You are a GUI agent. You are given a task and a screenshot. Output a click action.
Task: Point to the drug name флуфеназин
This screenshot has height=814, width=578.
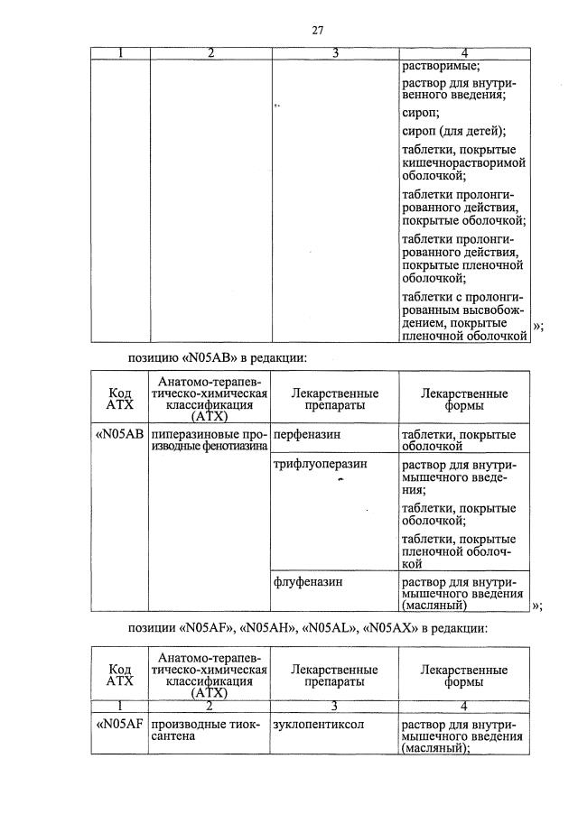pos(303,582)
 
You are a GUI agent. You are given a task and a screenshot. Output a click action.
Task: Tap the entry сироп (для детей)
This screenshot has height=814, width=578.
pos(453,132)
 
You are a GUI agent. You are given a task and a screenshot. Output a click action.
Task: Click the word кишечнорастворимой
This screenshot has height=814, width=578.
pos(463,163)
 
